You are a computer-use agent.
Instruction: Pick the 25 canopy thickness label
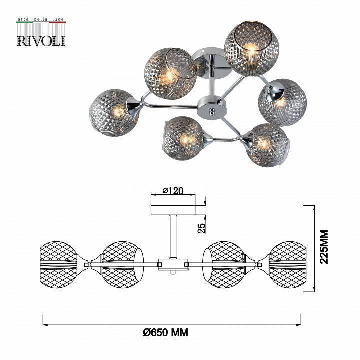[x=201, y=228]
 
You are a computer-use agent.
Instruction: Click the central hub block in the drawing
[x=172, y=264]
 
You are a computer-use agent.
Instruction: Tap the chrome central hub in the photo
[x=211, y=105]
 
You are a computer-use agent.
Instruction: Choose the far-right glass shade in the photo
[x=282, y=101]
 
